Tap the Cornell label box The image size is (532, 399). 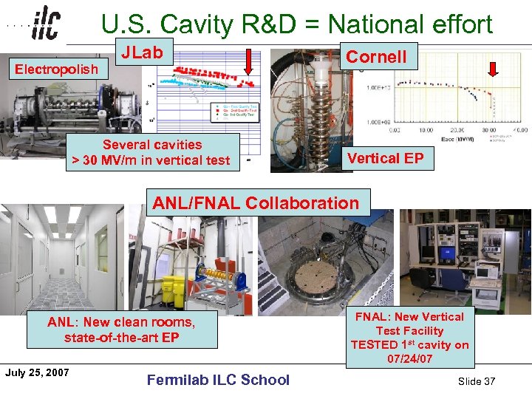[376, 56]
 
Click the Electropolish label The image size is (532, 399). [56, 69]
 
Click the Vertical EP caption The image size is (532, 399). [386, 158]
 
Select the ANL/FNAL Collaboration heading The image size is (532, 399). [256, 202]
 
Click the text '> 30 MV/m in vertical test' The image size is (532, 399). [151, 160]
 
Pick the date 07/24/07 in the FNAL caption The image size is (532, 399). [409, 359]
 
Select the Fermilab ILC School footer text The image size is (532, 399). [218, 380]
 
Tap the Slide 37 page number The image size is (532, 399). [476, 381]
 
